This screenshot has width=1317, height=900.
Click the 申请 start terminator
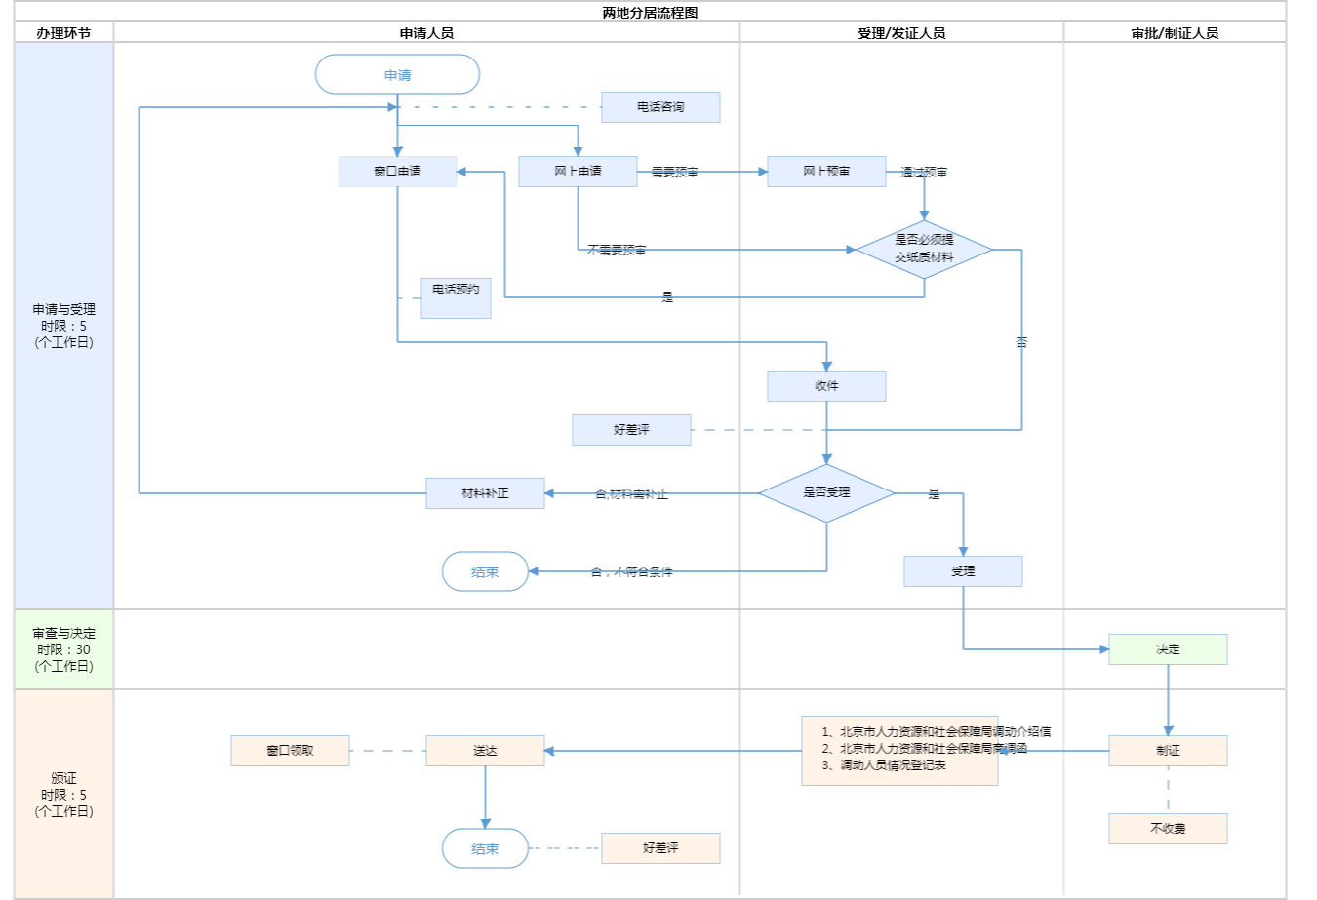tap(397, 75)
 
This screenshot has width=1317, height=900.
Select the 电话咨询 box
tap(660, 107)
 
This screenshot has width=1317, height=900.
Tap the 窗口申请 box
tap(397, 172)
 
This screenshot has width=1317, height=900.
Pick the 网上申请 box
tap(578, 172)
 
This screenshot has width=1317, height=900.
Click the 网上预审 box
tap(826, 172)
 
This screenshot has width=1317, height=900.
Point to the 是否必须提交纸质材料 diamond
tap(924, 250)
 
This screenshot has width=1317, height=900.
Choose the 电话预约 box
tap(456, 297)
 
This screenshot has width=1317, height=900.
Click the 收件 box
tap(826, 386)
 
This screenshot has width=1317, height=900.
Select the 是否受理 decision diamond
tap(826, 493)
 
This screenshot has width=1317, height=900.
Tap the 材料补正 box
tap(485, 493)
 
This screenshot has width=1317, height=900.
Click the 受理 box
tap(963, 571)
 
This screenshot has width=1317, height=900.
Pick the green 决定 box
tap(1168, 649)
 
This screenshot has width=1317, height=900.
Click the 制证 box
tap(1168, 751)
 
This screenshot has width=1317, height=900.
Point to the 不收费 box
tap(1168, 829)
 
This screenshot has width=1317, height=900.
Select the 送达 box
tap(485, 751)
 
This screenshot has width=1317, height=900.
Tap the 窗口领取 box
tap(290, 751)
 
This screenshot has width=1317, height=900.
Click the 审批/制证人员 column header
tap(1175, 33)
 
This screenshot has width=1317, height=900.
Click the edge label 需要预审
tap(675, 173)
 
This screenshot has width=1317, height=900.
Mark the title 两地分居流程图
tap(650, 13)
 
